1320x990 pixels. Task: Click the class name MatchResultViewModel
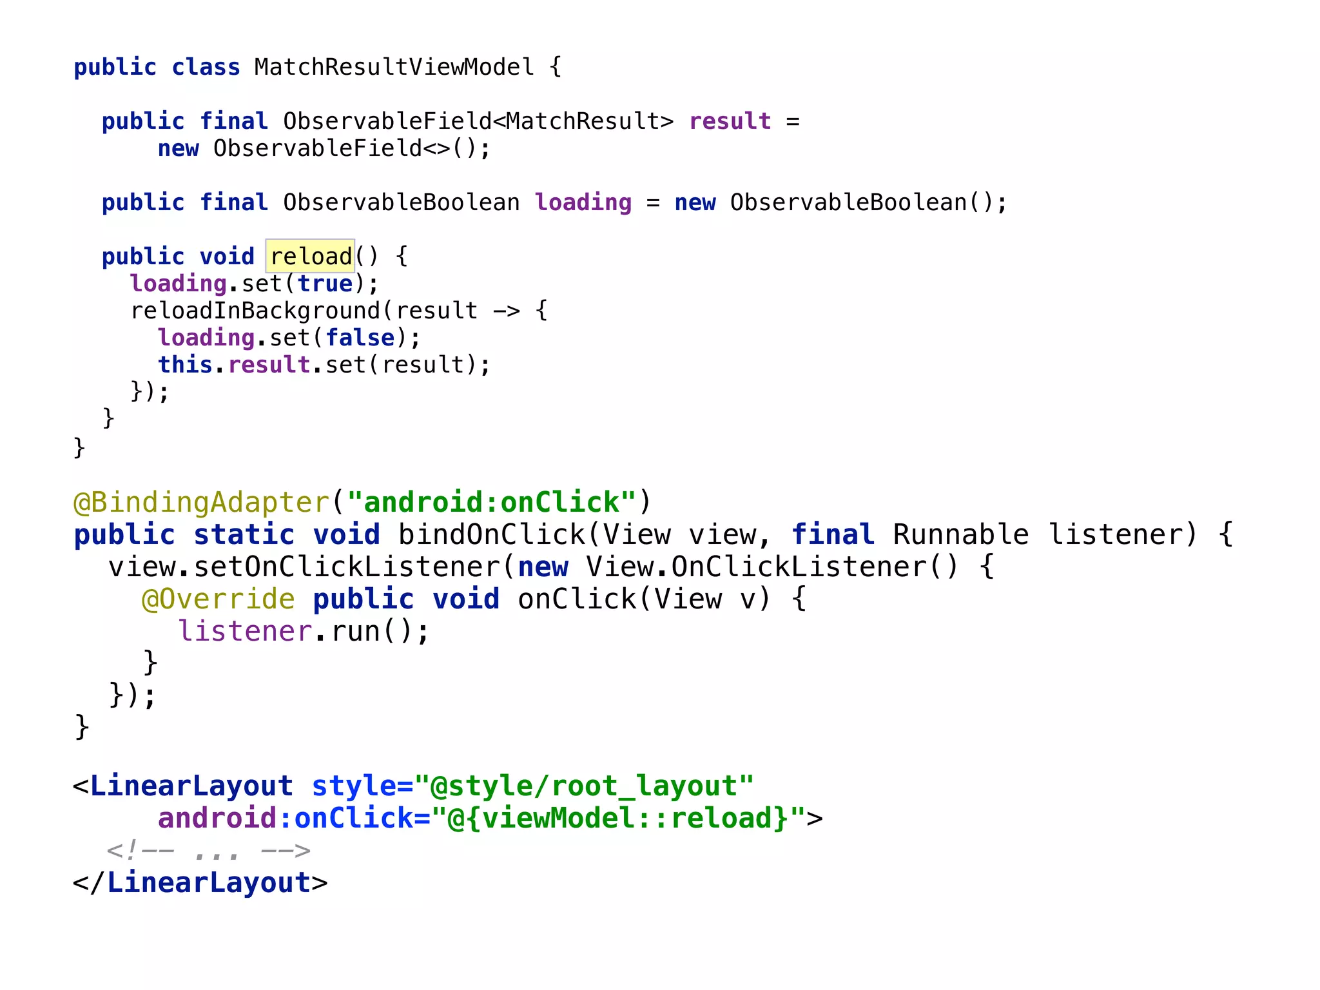(x=394, y=67)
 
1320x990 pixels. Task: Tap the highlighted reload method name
(x=311, y=257)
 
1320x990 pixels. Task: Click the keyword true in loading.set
(x=325, y=284)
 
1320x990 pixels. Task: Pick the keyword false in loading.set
(x=360, y=338)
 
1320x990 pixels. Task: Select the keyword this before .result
(x=185, y=365)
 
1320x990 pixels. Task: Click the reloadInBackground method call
(x=256, y=311)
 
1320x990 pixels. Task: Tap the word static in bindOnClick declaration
(x=244, y=535)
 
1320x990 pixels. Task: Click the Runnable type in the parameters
(x=960, y=535)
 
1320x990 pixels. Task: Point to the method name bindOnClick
(x=491, y=535)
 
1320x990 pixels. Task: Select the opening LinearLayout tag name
(x=191, y=786)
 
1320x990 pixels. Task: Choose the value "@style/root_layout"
(x=584, y=786)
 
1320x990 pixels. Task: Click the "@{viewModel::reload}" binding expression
(x=618, y=819)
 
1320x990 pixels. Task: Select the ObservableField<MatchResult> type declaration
(x=478, y=121)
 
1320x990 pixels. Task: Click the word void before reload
(x=227, y=257)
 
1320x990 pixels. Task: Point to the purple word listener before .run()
(x=245, y=632)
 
